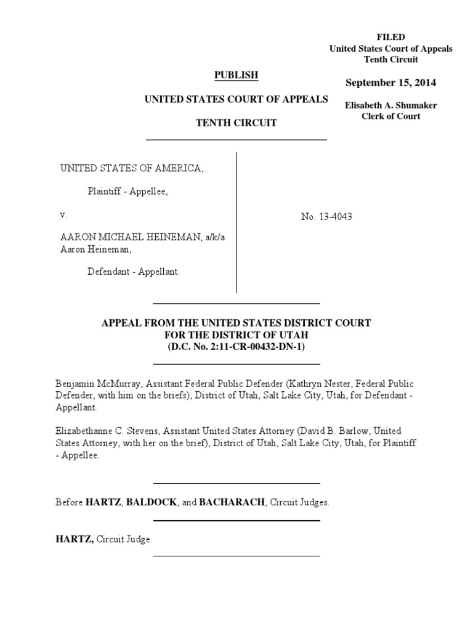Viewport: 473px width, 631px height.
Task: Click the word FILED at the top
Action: [391, 38]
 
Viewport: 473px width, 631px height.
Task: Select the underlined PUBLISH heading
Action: [236, 75]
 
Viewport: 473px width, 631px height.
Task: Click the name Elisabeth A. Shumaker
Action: [391, 105]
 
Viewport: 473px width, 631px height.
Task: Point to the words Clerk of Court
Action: [391, 116]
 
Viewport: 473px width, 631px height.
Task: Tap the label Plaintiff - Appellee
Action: [127, 191]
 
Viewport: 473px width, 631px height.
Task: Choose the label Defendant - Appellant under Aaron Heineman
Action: [134, 271]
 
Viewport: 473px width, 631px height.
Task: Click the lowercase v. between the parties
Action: [63, 215]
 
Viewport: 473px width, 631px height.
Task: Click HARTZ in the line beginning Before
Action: [103, 502]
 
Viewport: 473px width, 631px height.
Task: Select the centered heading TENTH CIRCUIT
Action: [236, 123]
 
